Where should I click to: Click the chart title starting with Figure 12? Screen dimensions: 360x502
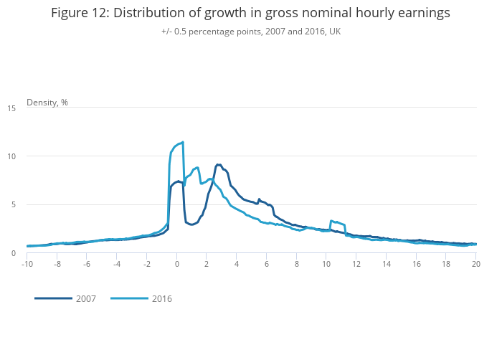tap(251, 13)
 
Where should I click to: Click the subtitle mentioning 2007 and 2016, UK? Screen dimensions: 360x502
tap(251, 32)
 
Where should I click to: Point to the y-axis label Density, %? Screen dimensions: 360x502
tap(47, 102)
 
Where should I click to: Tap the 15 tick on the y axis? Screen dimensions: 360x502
tap(12, 108)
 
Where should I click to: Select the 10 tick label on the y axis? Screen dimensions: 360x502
tap(12, 156)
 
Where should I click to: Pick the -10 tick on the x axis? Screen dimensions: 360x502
tap(27, 263)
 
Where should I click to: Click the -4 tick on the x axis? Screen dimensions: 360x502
tap(117, 263)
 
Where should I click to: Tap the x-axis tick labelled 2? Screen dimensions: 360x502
tap(207, 263)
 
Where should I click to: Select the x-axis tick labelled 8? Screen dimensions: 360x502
tap(296, 263)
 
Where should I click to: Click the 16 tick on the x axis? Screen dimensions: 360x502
tap(416, 263)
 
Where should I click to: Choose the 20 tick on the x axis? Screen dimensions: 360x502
tap(476, 263)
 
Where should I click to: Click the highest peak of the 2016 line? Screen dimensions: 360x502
tap(183, 142)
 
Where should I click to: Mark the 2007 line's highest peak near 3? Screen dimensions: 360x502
tap(218, 164)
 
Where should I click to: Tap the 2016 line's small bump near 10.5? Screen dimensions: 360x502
tap(331, 221)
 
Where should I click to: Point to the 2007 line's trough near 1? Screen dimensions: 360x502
tap(191, 224)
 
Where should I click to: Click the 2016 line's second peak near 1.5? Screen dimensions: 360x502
tap(197, 168)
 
